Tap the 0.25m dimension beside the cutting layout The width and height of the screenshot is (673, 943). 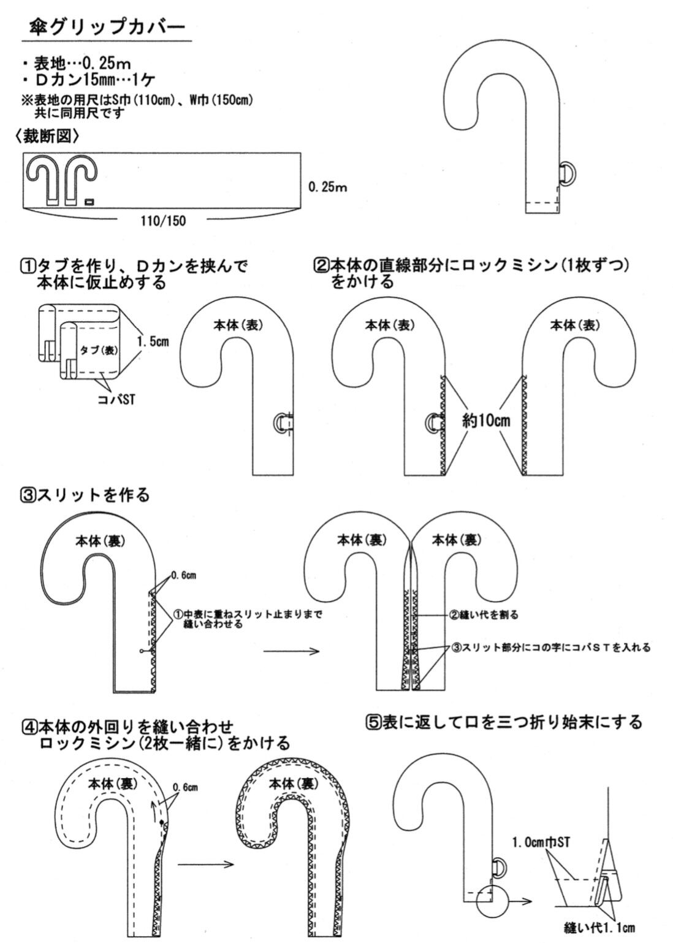click(329, 187)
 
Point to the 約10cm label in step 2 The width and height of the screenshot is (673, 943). click(486, 421)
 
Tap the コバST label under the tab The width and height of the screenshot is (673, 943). click(116, 400)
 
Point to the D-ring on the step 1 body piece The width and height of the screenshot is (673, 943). click(281, 424)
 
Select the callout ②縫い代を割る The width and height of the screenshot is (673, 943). click(484, 614)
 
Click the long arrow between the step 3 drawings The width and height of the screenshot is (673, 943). click(292, 651)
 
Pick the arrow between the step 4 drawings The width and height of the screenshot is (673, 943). click(207, 865)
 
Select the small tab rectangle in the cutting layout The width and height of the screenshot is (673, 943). click(89, 201)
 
